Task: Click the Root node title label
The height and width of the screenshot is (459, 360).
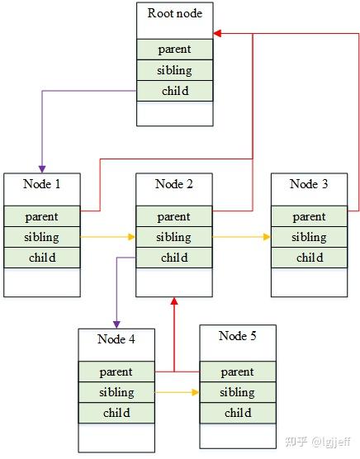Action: pos(174,13)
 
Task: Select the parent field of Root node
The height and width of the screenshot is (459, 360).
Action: pos(174,49)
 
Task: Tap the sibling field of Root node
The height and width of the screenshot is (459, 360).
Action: pos(174,70)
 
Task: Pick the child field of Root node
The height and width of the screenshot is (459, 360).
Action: pos(174,91)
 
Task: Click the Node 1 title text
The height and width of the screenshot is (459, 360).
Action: pos(42,183)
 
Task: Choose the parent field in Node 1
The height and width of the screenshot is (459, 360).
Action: pos(42,216)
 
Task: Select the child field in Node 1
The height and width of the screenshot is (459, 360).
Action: pos(42,258)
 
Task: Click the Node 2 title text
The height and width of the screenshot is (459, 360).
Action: pos(174,183)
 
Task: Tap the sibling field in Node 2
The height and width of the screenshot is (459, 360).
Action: pos(174,237)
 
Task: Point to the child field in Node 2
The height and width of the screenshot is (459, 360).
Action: pos(174,258)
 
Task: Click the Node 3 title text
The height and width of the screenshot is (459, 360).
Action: pos(309,183)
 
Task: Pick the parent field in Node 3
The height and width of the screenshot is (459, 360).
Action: pos(309,216)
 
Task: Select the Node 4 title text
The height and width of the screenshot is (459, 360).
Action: pos(116,338)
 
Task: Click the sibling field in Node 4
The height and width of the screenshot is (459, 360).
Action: pos(116,392)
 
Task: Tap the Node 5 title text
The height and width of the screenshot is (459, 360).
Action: pos(238,335)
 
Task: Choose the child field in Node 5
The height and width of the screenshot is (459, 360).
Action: pos(238,413)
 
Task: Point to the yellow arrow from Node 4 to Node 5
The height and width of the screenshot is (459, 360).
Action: pos(177,392)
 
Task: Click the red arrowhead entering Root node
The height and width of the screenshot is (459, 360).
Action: pos(218,34)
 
